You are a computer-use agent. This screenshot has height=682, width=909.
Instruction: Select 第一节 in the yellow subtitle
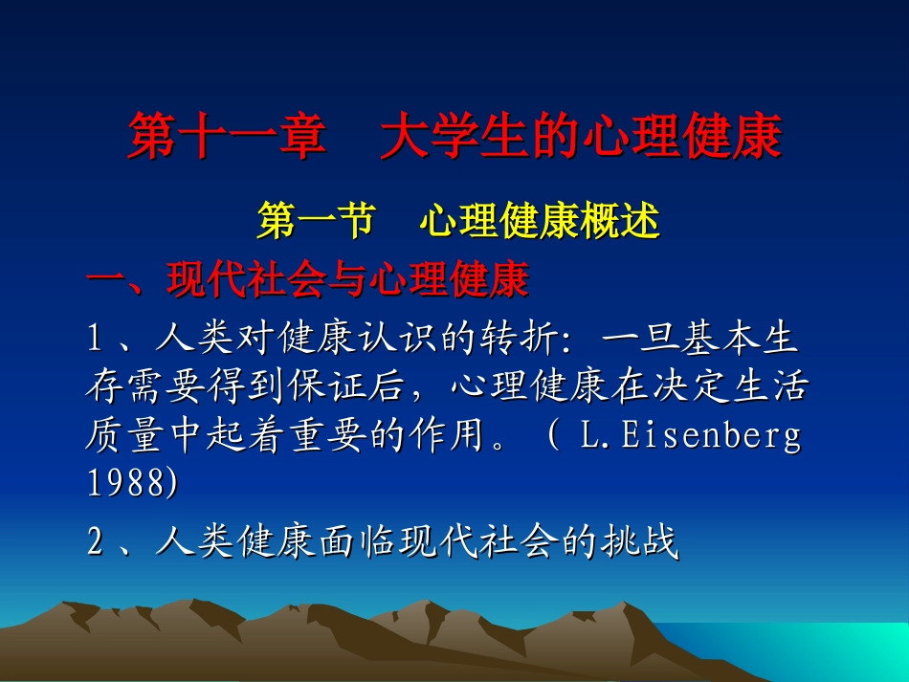[315, 223]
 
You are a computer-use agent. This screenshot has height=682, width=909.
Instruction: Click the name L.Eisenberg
[690, 436]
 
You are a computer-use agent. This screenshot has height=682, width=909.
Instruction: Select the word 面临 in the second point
[340, 543]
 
